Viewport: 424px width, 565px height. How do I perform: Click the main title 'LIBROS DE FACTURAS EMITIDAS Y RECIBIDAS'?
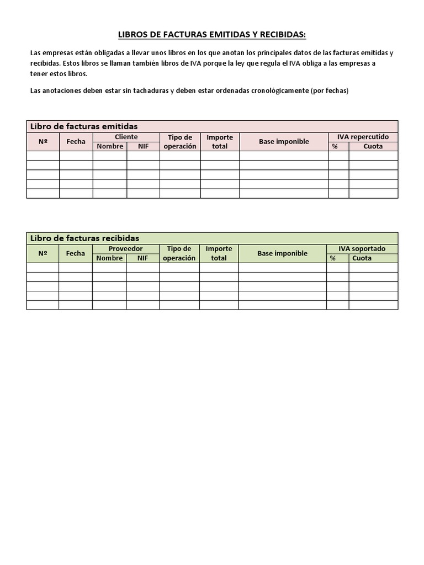[x=212, y=35]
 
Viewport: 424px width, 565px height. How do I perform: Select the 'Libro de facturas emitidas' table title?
[x=84, y=126]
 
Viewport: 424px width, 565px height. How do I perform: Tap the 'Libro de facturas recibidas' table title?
[x=84, y=238]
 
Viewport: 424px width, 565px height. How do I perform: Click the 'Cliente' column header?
[x=126, y=137]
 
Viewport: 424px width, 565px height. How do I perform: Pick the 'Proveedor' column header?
[x=125, y=249]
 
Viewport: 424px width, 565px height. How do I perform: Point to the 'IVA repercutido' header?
[x=363, y=137]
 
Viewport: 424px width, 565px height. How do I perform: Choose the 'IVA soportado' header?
[x=362, y=249]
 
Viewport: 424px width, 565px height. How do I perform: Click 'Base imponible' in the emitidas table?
[x=284, y=142]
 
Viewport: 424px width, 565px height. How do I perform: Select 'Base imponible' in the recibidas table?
[x=282, y=253]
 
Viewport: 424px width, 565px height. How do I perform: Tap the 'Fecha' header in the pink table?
[x=76, y=142]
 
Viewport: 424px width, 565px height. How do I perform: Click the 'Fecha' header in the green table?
[x=75, y=253]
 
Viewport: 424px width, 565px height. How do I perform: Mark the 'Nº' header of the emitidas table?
[x=43, y=142]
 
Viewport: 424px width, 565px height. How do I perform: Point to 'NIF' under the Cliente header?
[x=144, y=146]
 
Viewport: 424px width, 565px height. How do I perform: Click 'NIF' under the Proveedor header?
[x=142, y=258]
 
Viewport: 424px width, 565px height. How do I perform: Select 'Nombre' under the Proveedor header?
[x=109, y=258]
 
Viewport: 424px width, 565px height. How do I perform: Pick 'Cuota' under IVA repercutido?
[x=373, y=146]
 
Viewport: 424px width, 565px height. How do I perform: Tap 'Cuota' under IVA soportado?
[x=362, y=258]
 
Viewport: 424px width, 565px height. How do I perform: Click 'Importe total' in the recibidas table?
[x=219, y=253]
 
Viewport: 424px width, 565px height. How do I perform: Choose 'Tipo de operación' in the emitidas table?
[x=180, y=142]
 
